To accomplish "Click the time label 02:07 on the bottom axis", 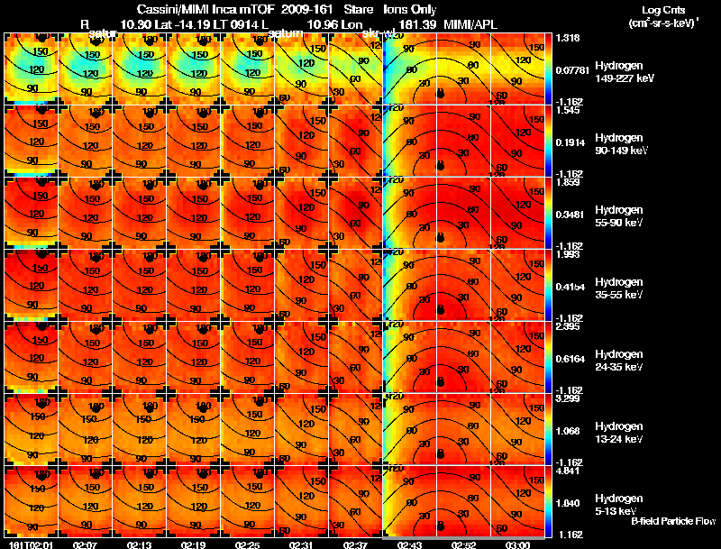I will [86, 544].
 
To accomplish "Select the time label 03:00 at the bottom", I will [518, 544].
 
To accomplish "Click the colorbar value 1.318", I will [568, 38].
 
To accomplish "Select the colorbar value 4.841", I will [568, 471].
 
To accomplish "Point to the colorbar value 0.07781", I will [571, 69].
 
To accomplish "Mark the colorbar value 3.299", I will [568, 398].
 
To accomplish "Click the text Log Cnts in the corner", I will [662, 10].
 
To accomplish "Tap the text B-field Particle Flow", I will [672, 521].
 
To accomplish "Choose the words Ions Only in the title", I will [408, 9].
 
